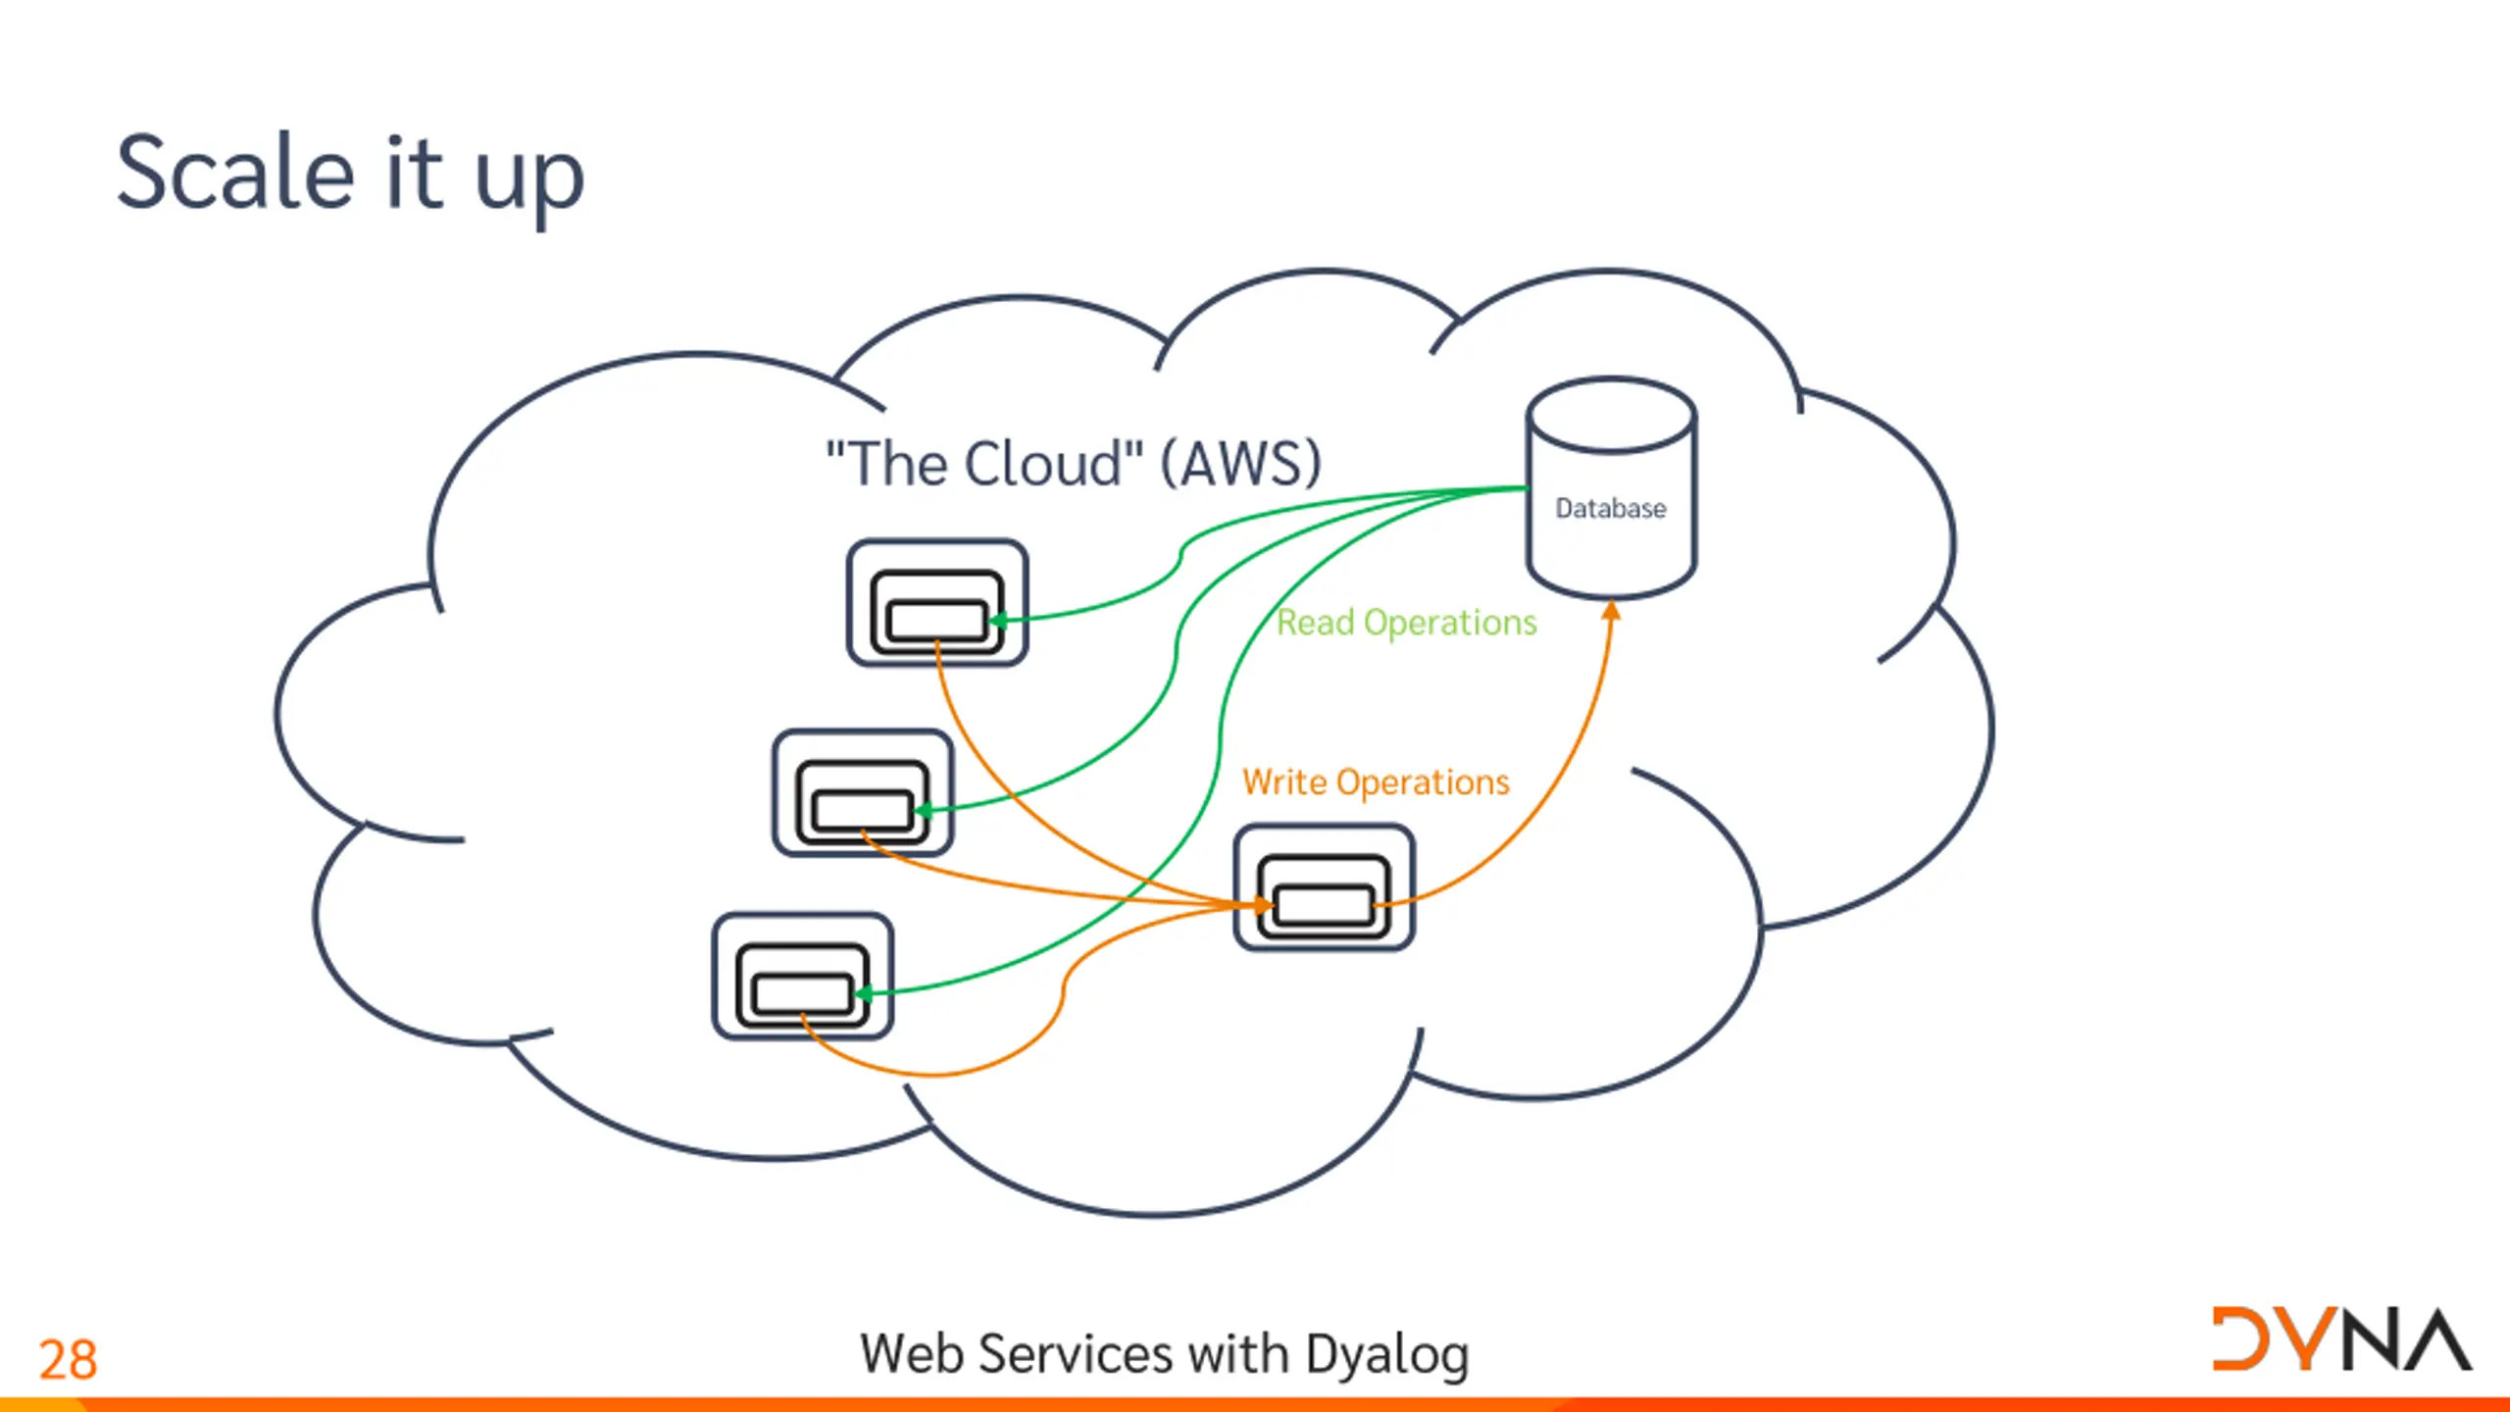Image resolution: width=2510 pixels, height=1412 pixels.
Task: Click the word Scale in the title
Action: click(x=235, y=173)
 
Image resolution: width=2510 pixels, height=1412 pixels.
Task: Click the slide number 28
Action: click(x=68, y=1359)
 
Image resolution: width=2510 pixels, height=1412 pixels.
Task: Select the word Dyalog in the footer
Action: click(x=1387, y=1356)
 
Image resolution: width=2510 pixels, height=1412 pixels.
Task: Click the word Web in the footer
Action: click(x=912, y=1354)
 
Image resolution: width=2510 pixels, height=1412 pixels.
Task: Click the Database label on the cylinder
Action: click(x=1611, y=508)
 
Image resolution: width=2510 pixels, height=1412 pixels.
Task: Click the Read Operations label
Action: click(x=1407, y=624)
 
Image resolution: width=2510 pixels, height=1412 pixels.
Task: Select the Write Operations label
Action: click(x=1376, y=782)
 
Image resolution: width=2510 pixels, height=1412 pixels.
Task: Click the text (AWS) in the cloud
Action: click(x=1241, y=464)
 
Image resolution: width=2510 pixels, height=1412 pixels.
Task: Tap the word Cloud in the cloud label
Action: click(x=1043, y=464)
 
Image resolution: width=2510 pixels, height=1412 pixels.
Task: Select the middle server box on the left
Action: click(x=863, y=793)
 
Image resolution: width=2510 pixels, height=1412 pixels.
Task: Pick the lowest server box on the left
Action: click(x=803, y=977)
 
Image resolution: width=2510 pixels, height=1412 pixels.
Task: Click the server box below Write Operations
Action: click(x=1325, y=887)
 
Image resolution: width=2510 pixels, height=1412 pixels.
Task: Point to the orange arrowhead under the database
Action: click(x=1611, y=611)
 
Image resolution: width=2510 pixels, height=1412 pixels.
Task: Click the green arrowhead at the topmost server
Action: click(x=999, y=620)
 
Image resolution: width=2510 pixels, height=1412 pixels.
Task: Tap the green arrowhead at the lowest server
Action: click(x=864, y=994)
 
